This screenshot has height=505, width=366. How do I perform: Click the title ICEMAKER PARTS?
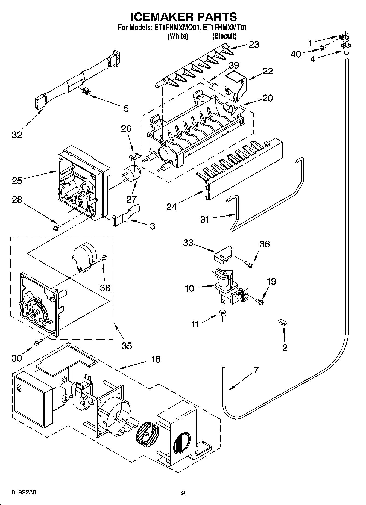(184, 17)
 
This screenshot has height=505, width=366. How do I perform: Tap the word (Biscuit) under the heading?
(224, 36)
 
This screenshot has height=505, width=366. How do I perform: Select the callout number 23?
(254, 45)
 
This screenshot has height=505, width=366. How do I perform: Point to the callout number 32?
(17, 135)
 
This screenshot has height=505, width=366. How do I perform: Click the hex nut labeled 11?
(222, 313)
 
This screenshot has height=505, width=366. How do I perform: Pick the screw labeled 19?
(259, 301)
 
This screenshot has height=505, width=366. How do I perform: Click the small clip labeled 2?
(282, 322)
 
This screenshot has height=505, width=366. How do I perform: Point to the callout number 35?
(127, 345)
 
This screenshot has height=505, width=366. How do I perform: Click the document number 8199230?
(24, 492)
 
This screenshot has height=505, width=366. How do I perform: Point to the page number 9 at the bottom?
(183, 493)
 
